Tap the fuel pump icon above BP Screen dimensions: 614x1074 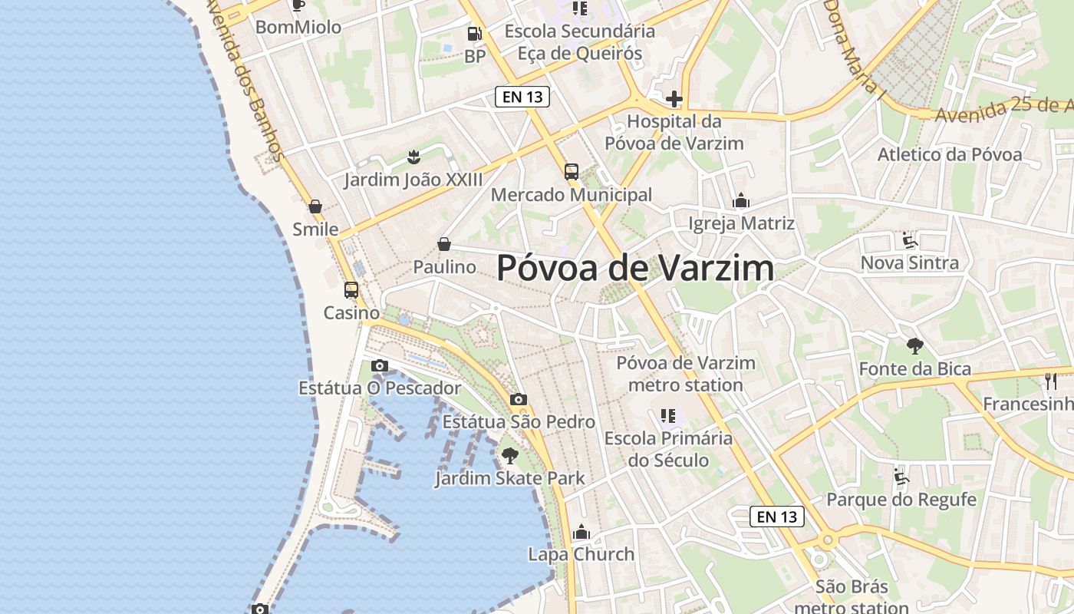coord(475,34)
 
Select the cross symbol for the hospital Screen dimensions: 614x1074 coord(674,99)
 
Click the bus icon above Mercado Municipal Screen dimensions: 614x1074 coord(572,171)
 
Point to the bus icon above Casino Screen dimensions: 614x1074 coord(351,290)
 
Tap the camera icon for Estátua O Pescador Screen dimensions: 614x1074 coord(380,365)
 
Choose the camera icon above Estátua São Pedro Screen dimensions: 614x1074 coord(519,399)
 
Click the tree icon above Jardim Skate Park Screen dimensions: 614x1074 coord(510,456)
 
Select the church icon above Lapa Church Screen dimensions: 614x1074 coord(581,532)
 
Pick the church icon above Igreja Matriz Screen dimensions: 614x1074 coord(741,201)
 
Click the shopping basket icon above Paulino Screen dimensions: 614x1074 coord(444,244)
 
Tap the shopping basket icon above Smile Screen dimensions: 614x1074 coord(315,206)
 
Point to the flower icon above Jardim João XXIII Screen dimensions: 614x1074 coord(413,157)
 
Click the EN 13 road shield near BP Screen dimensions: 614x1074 coord(522,97)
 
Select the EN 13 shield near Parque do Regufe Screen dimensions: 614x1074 coord(777,517)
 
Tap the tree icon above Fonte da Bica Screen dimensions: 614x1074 coord(914,346)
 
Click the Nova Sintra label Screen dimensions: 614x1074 coord(910,263)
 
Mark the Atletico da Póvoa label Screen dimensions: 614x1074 coord(950,154)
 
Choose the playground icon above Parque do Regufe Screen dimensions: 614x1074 coord(901,477)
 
